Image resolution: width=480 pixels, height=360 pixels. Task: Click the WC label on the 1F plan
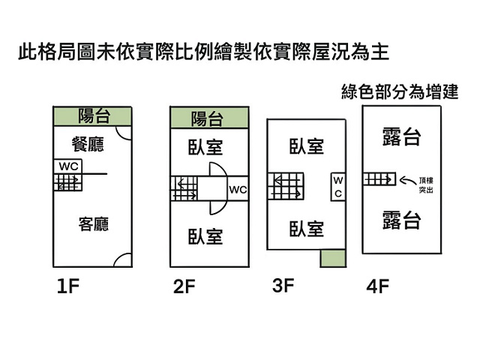(68, 166)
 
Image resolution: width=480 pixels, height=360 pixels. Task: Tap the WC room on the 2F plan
(238, 188)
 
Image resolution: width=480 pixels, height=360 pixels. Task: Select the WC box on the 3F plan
(338, 187)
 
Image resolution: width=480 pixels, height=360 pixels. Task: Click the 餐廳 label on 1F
(88, 144)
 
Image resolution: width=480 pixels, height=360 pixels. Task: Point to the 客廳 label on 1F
(94, 224)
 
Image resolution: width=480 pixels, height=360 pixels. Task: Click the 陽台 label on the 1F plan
(94, 115)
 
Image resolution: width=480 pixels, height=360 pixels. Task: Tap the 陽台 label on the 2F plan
(207, 118)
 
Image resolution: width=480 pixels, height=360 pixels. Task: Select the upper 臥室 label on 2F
(205, 147)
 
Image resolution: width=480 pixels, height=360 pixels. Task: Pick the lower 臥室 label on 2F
(205, 237)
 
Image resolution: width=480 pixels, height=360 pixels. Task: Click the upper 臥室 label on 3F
(307, 146)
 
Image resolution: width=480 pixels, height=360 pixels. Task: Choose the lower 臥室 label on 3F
(307, 229)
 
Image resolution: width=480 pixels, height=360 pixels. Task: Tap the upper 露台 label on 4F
(402, 136)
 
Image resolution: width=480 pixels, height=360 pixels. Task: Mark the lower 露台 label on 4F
(402, 220)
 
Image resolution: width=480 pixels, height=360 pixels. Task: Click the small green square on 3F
(333, 258)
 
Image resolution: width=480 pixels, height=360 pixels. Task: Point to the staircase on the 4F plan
(379, 179)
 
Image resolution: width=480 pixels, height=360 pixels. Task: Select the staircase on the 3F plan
(286, 186)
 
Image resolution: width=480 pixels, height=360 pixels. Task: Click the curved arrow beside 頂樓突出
(408, 181)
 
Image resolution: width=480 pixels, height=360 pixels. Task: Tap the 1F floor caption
(68, 286)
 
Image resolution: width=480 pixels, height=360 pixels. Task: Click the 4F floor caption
(378, 286)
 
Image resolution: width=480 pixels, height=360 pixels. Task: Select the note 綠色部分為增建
(400, 91)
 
